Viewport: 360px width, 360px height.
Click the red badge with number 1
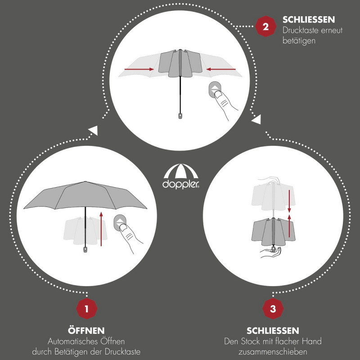click(x=86, y=309)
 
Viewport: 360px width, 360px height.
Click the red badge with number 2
click(x=265, y=27)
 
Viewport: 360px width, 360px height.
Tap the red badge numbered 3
click(x=273, y=309)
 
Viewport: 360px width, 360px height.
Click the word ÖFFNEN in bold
click(x=86, y=330)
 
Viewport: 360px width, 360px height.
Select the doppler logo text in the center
click(x=181, y=184)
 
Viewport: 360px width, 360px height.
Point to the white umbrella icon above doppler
click(x=181, y=171)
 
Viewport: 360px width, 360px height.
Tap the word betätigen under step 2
click(x=299, y=41)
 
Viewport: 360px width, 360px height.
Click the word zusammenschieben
click(x=273, y=352)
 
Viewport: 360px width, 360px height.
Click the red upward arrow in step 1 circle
click(x=101, y=229)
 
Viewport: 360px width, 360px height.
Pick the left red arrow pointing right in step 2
click(x=139, y=69)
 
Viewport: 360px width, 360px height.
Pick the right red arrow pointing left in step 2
click(x=221, y=69)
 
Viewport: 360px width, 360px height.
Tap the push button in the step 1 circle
click(x=120, y=223)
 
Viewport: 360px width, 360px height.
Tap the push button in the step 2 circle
click(x=215, y=90)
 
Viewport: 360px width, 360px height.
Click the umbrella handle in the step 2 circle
click(x=180, y=116)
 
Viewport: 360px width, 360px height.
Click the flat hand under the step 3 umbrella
click(x=270, y=252)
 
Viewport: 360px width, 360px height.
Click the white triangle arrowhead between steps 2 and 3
click(x=256, y=119)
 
